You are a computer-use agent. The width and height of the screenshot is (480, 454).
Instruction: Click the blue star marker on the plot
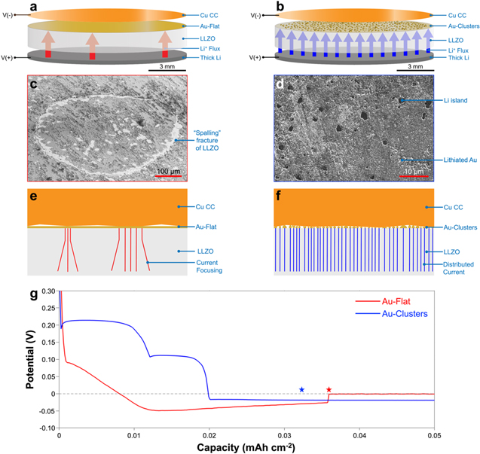[301, 390]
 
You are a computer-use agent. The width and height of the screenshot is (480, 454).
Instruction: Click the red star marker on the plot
[329, 390]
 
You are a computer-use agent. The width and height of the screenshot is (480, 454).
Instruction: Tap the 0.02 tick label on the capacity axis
[209, 436]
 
